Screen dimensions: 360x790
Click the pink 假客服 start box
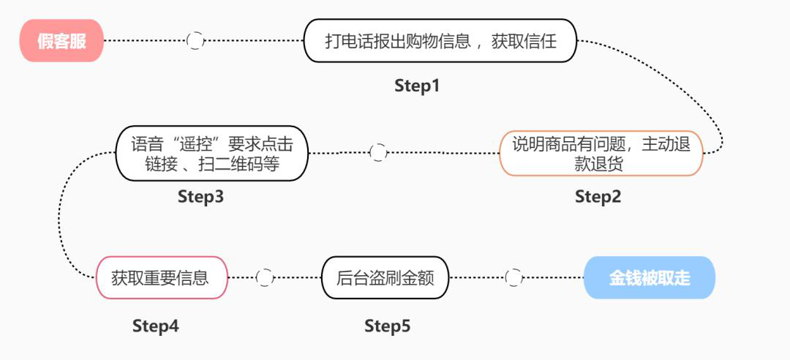61,41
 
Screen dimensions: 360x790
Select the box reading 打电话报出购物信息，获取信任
440,41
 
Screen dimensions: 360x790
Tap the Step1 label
417,86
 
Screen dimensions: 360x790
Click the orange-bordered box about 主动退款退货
601,153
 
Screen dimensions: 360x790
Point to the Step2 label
598,196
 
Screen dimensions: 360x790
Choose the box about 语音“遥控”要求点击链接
212,153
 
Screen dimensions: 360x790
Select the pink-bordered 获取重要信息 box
162,277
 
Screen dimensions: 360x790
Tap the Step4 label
156,326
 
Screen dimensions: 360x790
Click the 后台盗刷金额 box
385,277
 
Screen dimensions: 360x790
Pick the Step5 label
388,326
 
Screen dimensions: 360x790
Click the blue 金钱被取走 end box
649,277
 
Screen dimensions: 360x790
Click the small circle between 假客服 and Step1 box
195,41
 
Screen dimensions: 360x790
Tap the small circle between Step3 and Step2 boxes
378,152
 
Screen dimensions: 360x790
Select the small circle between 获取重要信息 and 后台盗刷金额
265,277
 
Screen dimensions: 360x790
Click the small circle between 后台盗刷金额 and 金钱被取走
514,277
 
